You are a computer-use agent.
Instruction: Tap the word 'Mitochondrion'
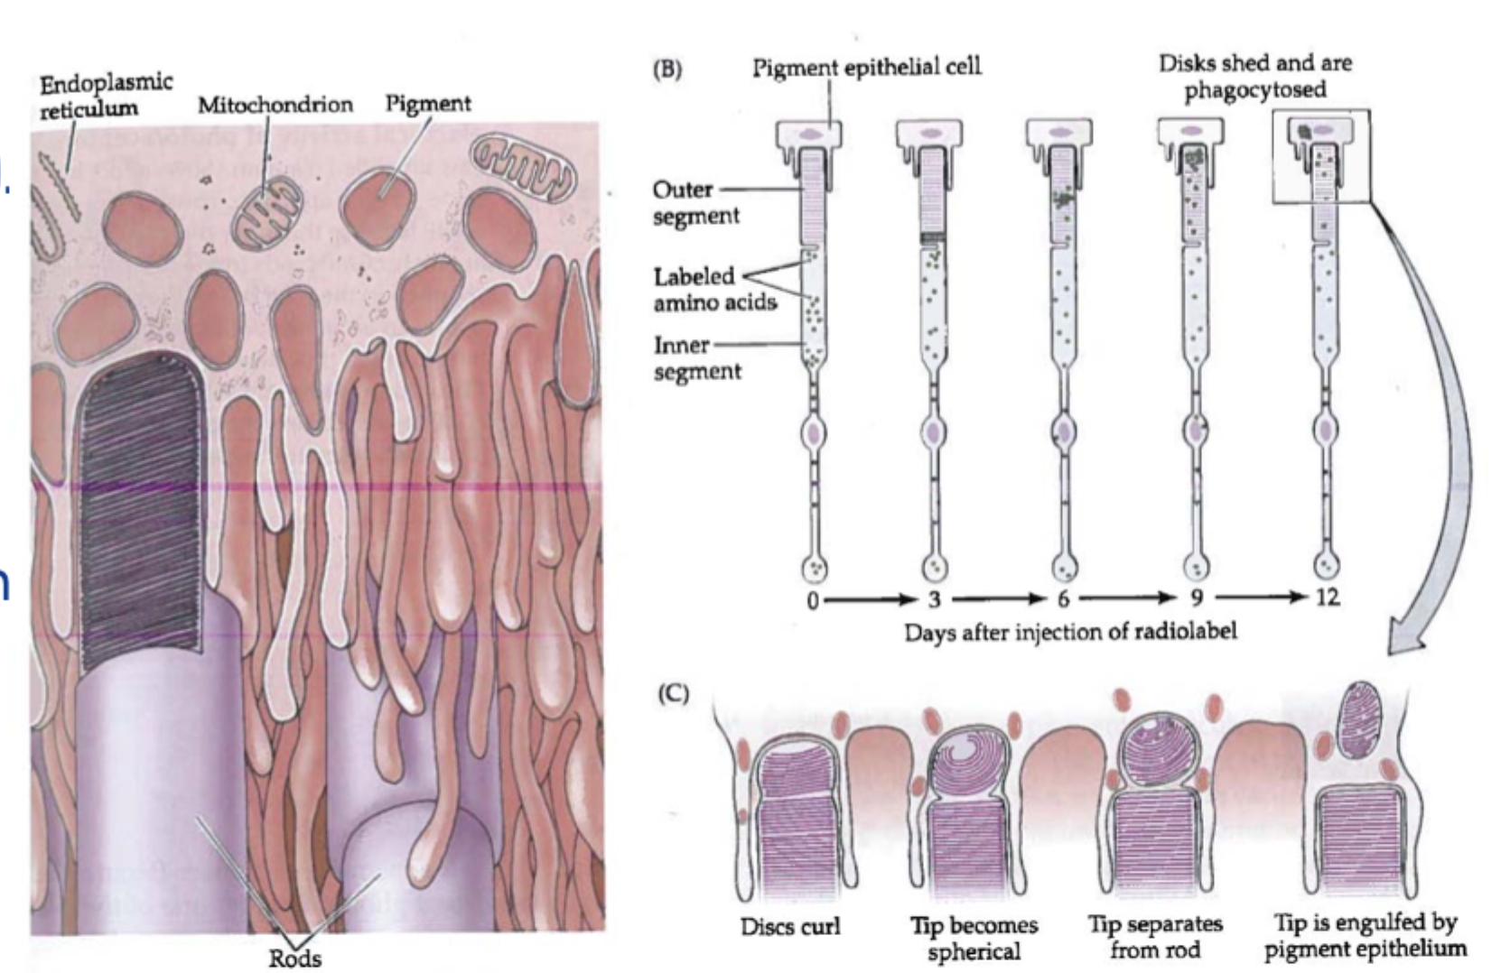(275, 105)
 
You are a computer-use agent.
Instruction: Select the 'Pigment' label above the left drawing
(428, 103)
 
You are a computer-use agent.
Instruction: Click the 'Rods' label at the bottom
(294, 958)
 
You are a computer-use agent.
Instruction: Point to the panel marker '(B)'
(667, 69)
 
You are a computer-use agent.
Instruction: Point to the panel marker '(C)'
(673, 693)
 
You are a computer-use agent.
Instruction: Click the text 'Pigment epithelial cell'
(866, 66)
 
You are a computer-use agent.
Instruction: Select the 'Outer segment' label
(695, 202)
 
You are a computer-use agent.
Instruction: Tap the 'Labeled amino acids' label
(714, 289)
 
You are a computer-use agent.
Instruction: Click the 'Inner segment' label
(696, 358)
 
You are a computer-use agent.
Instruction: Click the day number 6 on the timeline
(1063, 598)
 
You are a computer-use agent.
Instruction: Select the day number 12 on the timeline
(1326, 597)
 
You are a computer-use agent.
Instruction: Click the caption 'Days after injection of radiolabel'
(1070, 630)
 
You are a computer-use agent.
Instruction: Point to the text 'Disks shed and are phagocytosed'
(1255, 76)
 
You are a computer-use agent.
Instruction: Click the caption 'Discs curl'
(789, 927)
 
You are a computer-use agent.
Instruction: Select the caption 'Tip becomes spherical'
(974, 938)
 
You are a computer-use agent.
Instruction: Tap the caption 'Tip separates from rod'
(1155, 937)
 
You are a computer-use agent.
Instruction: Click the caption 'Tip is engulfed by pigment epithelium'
(1365, 936)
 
